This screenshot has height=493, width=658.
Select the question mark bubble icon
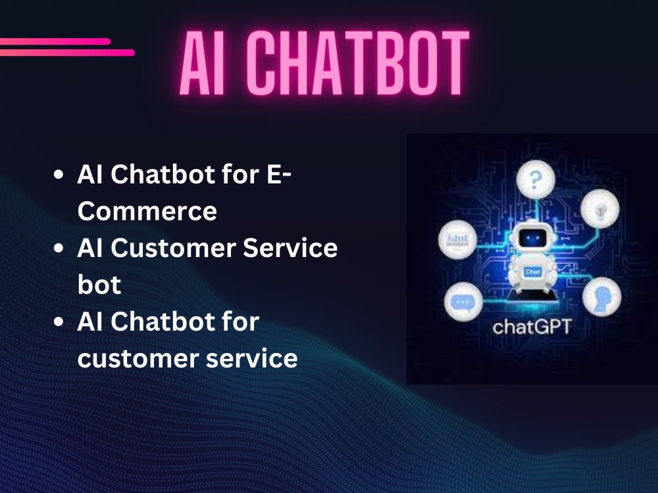click(534, 179)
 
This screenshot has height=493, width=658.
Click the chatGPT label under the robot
click(533, 326)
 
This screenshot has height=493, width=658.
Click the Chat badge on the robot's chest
click(533, 271)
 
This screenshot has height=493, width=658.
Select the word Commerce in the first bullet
click(147, 212)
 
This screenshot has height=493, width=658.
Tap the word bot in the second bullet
click(99, 285)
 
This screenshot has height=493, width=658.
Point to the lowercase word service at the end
click(257, 359)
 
